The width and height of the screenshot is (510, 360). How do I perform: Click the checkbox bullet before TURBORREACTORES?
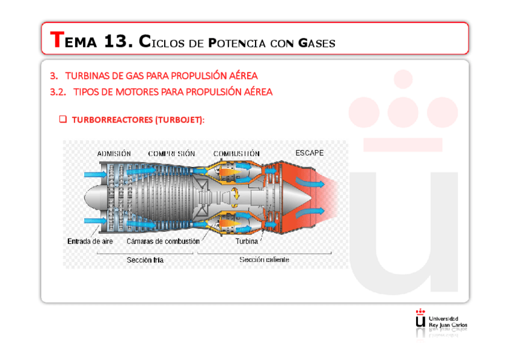click(x=63, y=120)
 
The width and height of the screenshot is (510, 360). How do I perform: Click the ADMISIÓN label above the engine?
click(x=114, y=154)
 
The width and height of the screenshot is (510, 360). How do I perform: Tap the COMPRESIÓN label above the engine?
click(x=171, y=154)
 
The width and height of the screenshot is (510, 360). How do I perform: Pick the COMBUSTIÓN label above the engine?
click(x=236, y=154)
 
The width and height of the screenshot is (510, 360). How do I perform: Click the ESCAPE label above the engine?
click(x=309, y=153)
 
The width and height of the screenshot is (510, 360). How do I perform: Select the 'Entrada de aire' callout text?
click(x=90, y=241)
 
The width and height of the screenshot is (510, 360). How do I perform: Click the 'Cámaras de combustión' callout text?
click(x=163, y=241)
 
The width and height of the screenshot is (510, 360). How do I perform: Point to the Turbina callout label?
click(x=246, y=241)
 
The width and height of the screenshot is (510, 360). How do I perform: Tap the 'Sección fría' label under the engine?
click(x=145, y=260)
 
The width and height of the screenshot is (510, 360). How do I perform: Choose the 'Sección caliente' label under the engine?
click(x=264, y=260)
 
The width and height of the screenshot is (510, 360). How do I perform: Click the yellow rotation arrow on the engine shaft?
click(x=236, y=194)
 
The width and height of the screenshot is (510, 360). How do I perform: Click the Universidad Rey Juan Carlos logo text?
click(x=447, y=322)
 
